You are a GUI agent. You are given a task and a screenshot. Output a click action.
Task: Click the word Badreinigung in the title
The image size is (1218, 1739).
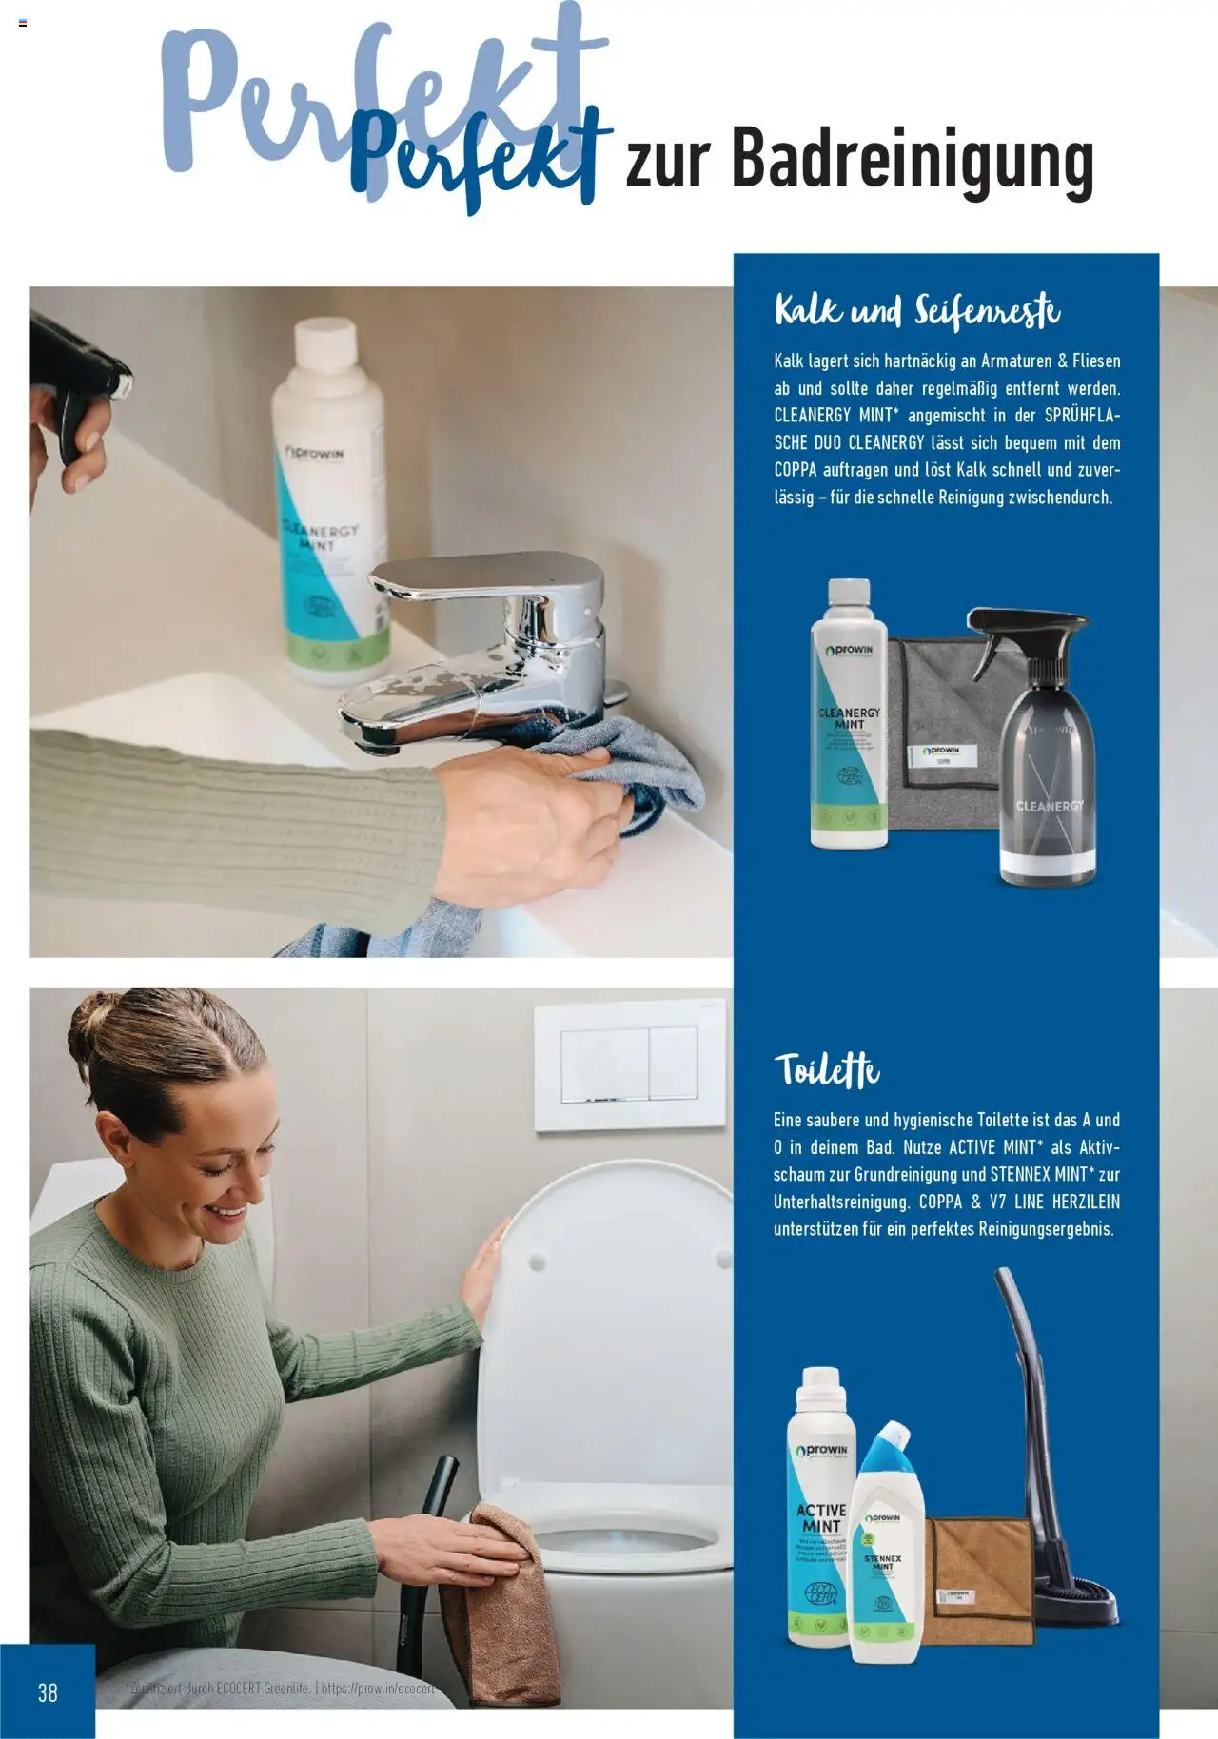pos(912,162)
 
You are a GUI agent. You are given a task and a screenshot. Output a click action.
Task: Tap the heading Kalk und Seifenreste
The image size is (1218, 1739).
pos(916,311)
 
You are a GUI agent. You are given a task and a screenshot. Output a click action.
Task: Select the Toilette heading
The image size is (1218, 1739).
pos(826,1070)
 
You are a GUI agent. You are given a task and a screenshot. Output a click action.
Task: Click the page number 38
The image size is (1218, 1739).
pos(48,1692)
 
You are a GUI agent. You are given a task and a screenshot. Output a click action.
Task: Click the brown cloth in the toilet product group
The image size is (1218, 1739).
pos(975,1579)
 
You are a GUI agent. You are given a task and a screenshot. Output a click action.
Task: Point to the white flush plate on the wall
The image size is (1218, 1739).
pos(630,1065)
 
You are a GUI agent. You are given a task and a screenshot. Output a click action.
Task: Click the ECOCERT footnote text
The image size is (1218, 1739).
pos(280,1689)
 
